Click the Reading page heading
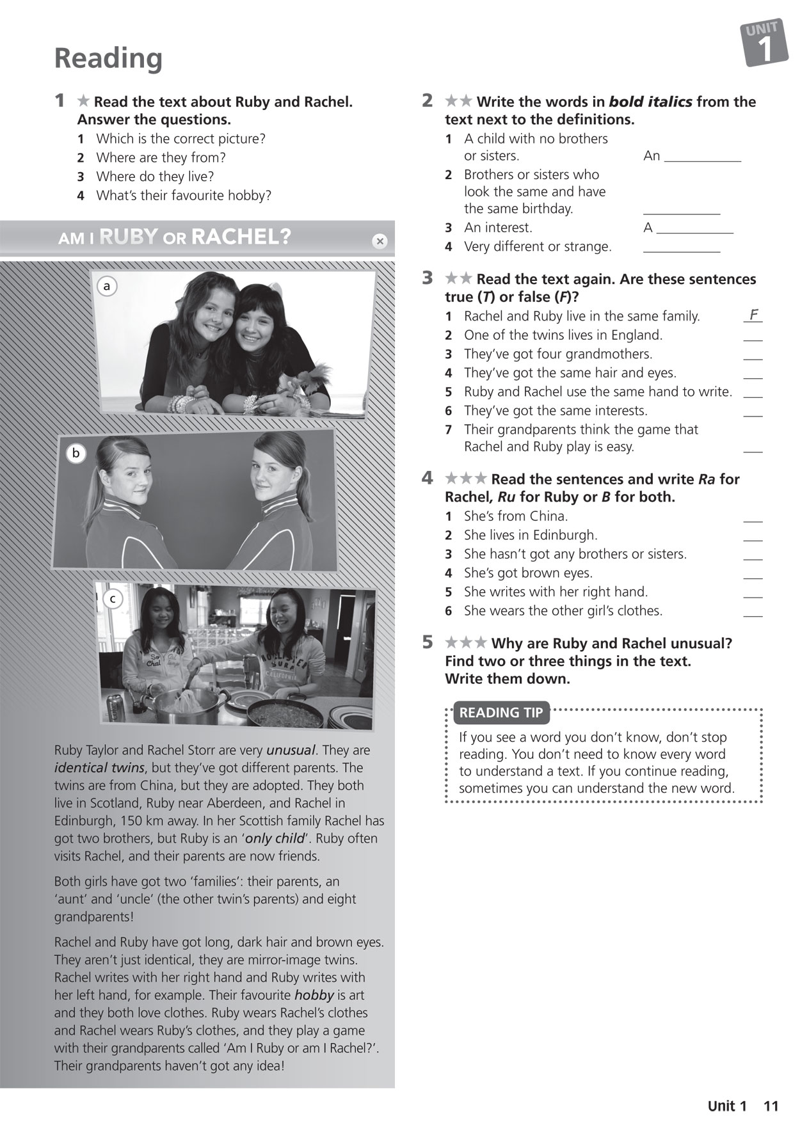click(x=108, y=58)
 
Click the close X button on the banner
click(x=380, y=241)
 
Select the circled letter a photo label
click(x=107, y=287)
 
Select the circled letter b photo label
click(x=76, y=453)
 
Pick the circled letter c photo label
click(x=113, y=599)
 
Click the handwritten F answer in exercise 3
click(x=753, y=315)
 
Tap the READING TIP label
click(x=501, y=712)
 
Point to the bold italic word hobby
click(x=314, y=995)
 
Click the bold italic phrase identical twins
click(x=99, y=768)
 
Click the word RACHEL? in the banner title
click(x=241, y=237)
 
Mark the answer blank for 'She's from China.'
click(x=753, y=520)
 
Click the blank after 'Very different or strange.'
click(x=681, y=250)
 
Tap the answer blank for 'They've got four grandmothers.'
click(x=753, y=357)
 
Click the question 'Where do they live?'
click(x=155, y=177)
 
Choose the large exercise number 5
click(x=428, y=642)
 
